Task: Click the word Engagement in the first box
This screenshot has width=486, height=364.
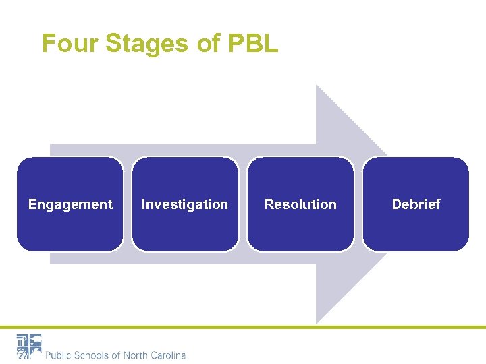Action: point(70,204)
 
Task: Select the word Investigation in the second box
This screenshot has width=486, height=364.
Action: point(185,204)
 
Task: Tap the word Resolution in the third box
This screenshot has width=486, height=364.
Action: point(300,204)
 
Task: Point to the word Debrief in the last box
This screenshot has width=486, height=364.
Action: point(416,204)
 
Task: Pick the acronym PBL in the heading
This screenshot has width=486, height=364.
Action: point(252,44)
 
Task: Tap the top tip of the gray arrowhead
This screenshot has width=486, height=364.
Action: point(317,87)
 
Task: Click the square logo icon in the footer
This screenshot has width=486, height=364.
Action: point(29,346)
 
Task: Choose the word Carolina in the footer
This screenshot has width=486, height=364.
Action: point(169,355)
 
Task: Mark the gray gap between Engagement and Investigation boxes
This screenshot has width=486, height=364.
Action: point(128,204)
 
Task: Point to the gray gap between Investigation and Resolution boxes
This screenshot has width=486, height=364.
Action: point(243,204)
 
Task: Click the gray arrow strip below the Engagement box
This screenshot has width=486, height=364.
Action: point(70,258)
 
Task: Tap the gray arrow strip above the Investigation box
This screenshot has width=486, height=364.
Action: point(185,150)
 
